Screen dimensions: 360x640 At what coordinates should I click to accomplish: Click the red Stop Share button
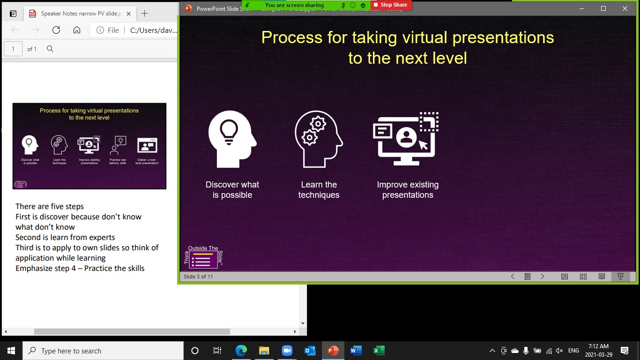(x=390, y=5)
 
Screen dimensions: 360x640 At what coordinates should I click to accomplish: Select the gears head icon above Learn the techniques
(x=319, y=139)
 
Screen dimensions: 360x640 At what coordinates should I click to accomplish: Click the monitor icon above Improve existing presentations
(x=406, y=139)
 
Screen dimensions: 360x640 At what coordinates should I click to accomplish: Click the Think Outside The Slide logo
(x=203, y=257)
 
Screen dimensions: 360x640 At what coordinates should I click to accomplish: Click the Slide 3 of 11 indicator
(x=198, y=277)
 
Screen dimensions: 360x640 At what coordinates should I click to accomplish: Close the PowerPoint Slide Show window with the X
(x=625, y=8)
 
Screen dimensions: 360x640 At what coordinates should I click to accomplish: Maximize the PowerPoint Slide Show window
(x=603, y=8)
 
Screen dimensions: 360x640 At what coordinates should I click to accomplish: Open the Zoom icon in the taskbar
(x=287, y=351)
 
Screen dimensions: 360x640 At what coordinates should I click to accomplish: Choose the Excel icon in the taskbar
(x=379, y=351)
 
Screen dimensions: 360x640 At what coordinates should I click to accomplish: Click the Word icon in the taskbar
(x=356, y=351)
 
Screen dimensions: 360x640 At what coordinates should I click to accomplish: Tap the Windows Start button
(x=11, y=351)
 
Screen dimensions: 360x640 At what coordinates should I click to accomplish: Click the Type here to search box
(x=103, y=351)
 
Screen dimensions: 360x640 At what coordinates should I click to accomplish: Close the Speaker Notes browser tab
(x=129, y=14)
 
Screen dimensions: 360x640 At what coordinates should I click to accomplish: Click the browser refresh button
(x=56, y=30)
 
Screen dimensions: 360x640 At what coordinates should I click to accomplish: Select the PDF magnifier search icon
(x=50, y=49)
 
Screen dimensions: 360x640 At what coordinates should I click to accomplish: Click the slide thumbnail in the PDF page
(x=89, y=146)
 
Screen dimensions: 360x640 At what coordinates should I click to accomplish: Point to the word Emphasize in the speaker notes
(x=35, y=269)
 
